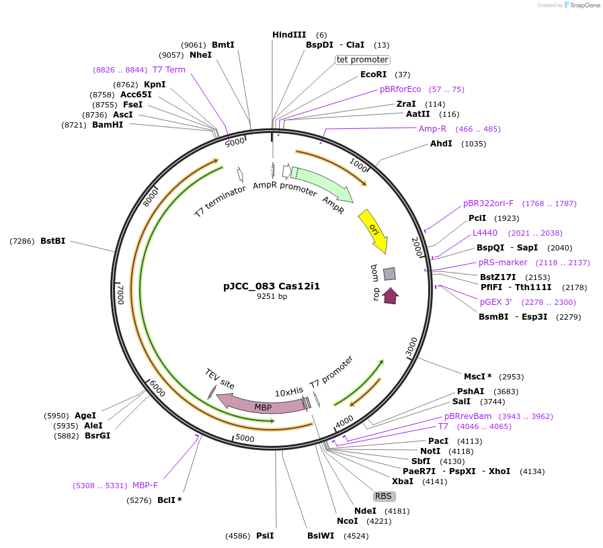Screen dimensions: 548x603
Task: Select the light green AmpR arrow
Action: tap(323, 183)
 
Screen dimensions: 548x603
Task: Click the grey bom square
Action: tap(389, 273)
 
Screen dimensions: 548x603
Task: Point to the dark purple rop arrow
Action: tap(390, 295)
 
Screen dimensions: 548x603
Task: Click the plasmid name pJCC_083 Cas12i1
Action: tap(272, 285)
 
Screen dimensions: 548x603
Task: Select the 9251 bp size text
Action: tap(272, 296)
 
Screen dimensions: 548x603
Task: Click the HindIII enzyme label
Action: tap(289, 35)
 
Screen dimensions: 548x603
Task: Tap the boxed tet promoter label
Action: tap(362, 60)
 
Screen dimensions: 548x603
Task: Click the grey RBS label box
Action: tap(383, 496)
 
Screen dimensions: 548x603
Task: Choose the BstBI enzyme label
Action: tap(52, 240)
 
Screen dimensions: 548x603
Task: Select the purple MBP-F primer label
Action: tap(145, 486)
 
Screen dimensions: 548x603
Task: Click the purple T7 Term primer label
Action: tap(169, 70)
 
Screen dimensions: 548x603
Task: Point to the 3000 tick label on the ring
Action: tap(411, 346)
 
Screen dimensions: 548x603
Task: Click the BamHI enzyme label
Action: tap(108, 125)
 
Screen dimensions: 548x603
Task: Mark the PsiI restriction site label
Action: tap(265, 536)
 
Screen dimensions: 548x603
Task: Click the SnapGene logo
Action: tap(581, 5)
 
